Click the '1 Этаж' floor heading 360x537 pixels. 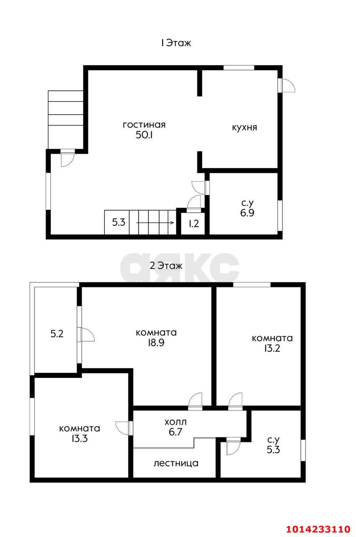click(x=176, y=43)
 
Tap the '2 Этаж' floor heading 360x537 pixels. click(x=166, y=266)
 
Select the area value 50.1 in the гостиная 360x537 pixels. click(x=144, y=135)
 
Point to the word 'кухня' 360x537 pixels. click(x=245, y=127)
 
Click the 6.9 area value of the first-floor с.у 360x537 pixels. click(x=248, y=213)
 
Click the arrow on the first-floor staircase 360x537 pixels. click(x=155, y=223)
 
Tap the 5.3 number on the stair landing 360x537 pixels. click(x=119, y=222)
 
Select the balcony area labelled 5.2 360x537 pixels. click(x=57, y=334)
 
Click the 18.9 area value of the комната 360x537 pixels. click(x=156, y=343)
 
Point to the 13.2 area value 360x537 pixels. click(x=272, y=348)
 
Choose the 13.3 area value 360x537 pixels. click(x=79, y=438)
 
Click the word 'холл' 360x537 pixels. click(x=175, y=422)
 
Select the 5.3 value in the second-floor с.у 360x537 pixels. click(x=273, y=450)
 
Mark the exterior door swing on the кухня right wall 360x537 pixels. click(x=287, y=85)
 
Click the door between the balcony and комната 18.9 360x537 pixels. click(x=86, y=334)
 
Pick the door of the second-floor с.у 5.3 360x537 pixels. click(x=233, y=446)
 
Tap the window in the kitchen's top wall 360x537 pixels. click(x=239, y=68)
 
